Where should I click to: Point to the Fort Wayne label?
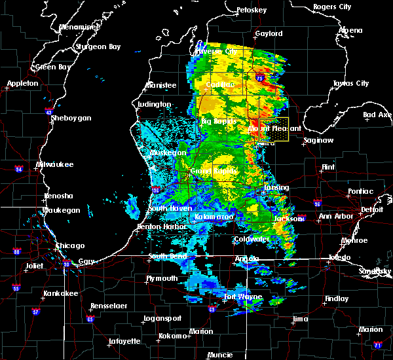click(243, 297)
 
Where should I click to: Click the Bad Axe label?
click(378, 115)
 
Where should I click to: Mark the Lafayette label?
click(124, 341)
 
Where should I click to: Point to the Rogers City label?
click(333, 7)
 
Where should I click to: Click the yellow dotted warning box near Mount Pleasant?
click(274, 130)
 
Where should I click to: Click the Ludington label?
click(155, 104)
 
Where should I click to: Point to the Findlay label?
click(337, 298)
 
